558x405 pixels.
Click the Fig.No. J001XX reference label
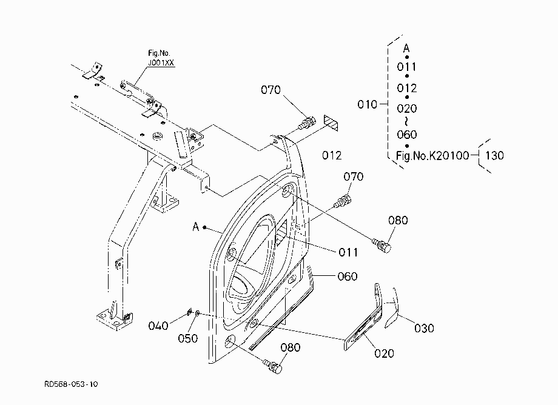pyautogui.click(x=161, y=58)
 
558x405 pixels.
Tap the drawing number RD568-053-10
pyautogui.click(x=71, y=384)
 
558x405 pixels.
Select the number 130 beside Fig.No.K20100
pyautogui.click(x=494, y=155)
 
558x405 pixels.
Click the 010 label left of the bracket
pyautogui.click(x=368, y=104)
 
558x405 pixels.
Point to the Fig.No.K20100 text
pyautogui.click(x=432, y=155)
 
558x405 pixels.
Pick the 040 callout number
pyautogui.click(x=158, y=326)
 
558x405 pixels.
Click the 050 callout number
pyautogui.click(x=187, y=338)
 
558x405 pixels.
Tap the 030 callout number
pyautogui.click(x=424, y=328)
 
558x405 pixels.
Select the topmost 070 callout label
pyautogui.click(x=271, y=90)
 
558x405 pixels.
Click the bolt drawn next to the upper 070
pyautogui.click(x=306, y=124)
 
